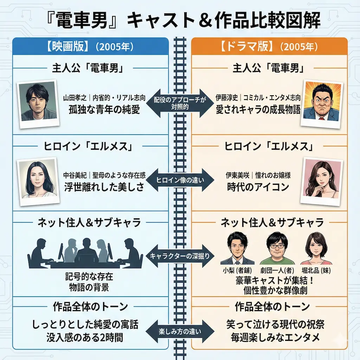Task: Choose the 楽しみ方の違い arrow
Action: (180, 331)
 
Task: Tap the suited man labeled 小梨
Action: (237, 249)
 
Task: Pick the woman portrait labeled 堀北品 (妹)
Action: (315, 249)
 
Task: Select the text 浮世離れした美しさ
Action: (104, 187)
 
